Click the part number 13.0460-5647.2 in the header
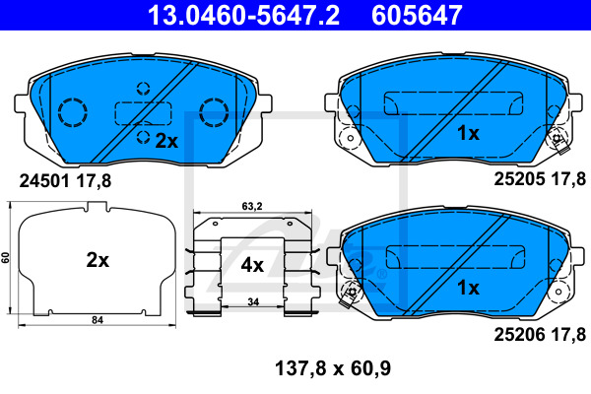(243, 15)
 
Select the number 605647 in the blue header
(417, 15)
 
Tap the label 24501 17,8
(65, 181)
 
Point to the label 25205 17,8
(540, 178)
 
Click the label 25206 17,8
(540, 334)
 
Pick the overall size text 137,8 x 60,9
(333, 368)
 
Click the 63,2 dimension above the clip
(252, 206)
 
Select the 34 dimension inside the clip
(253, 302)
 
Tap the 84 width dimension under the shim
(98, 320)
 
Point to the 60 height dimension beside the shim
(5, 258)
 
